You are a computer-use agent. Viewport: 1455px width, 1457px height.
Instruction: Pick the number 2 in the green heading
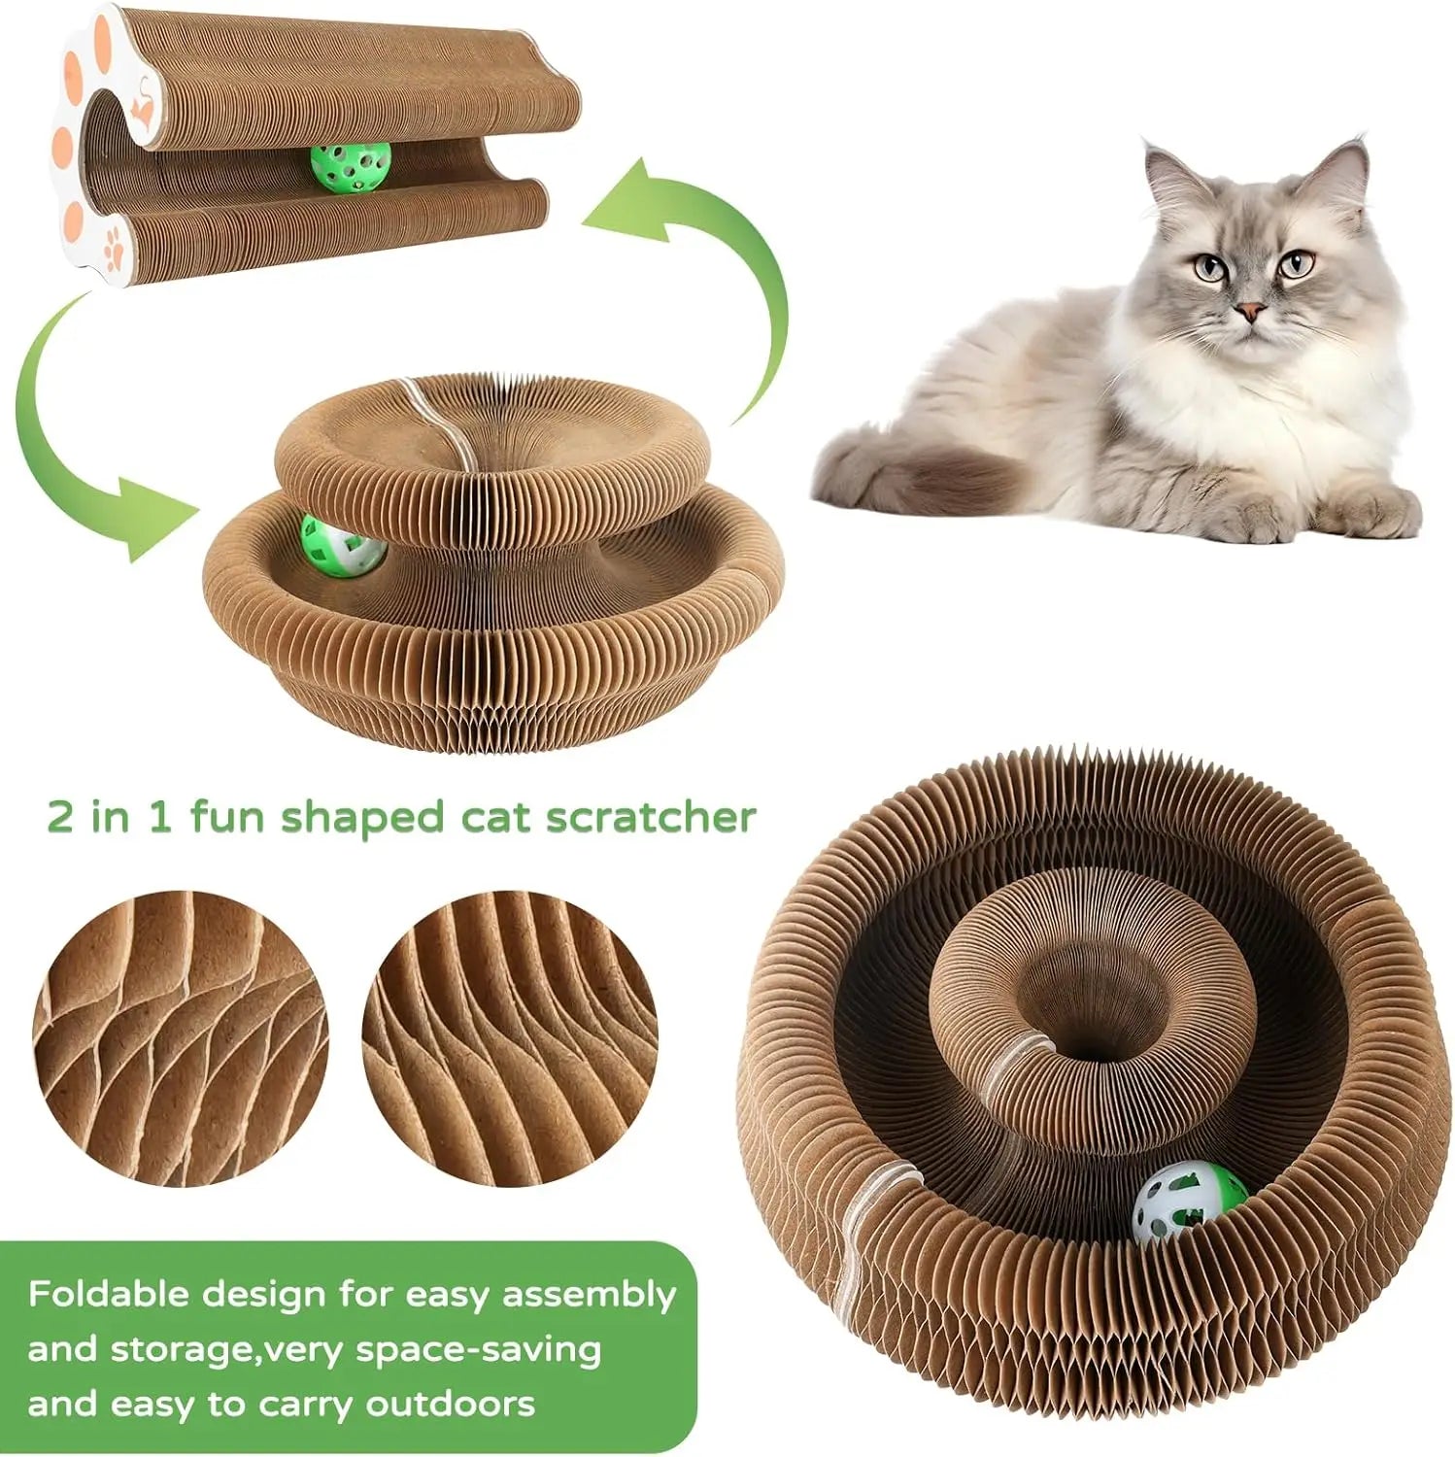[x=61, y=817]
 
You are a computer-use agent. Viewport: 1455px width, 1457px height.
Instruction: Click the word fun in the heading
[x=229, y=817]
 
